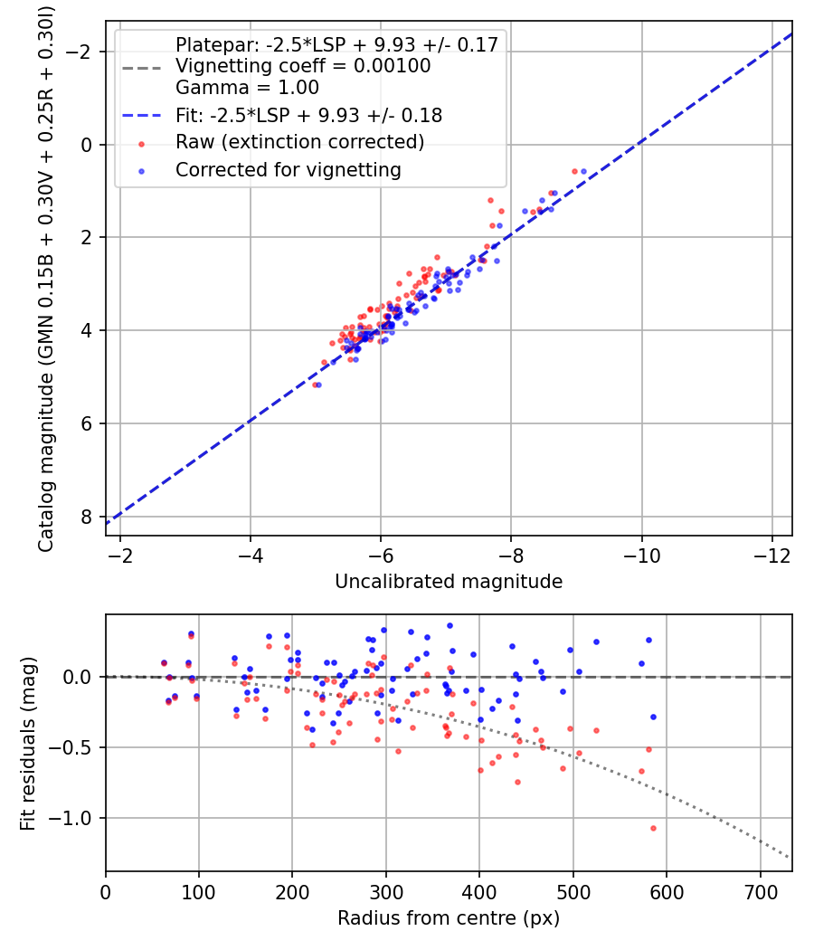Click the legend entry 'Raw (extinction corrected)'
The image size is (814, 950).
(x=299, y=142)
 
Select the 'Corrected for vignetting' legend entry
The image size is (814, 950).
(x=289, y=169)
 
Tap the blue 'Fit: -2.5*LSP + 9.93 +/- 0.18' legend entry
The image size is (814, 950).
(x=308, y=116)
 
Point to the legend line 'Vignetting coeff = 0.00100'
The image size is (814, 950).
(x=303, y=66)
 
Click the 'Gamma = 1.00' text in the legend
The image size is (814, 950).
(x=247, y=88)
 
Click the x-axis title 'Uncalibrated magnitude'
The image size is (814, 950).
(x=449, y=581)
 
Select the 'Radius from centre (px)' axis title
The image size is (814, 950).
(x=449, y=918)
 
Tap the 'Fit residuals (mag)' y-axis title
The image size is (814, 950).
(x=28, y=743)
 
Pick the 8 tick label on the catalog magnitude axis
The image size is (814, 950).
(x=88, y=517)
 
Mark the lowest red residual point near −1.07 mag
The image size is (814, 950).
(x=652, y=828)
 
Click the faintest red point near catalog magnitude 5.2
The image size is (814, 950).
(x=315, y=385)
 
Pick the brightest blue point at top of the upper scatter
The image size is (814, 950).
(x=583, y=171)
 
